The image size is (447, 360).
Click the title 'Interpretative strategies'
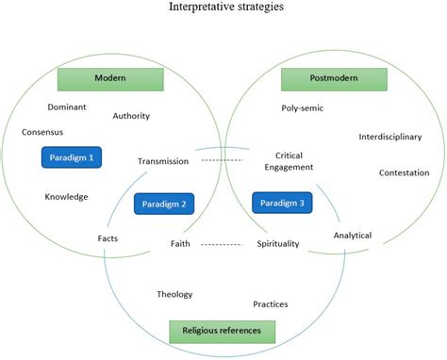pos(223,8)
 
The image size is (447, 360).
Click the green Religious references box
pos(222,330)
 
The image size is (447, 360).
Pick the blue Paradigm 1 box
pos(71,155)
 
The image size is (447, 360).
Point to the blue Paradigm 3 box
pos(282,200)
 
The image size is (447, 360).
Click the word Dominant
pos(67,106)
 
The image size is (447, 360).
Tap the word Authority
pos(131,117)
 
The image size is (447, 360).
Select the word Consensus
pos(42,132)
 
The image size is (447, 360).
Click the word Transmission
pos(163,161)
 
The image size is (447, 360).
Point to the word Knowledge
pos(66,197)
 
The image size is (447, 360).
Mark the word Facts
pos(108,237)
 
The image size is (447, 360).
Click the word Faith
pos(180,244)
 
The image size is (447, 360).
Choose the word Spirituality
pos(278,244)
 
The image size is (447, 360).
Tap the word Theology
pos(174,294)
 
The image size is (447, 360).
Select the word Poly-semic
pos(302,108)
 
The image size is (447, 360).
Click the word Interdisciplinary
pos(389,137)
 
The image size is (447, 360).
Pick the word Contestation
pos(404,172)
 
